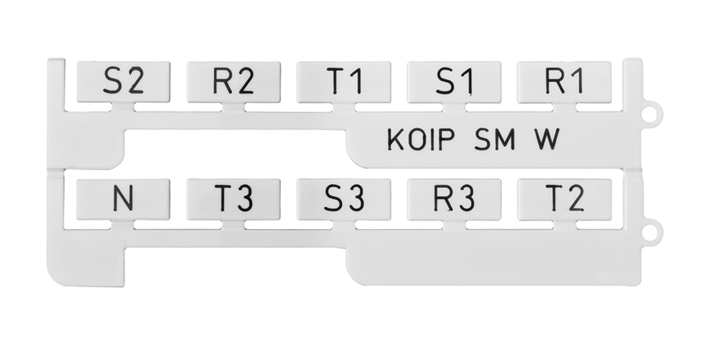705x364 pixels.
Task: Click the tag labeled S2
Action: (123, 82)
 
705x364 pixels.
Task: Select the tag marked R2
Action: (233, 82)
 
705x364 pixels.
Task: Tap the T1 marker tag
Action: (344, 82)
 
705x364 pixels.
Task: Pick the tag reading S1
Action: (454, 82)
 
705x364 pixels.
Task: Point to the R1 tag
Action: (564, 82)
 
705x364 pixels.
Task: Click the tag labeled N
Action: (123, 199)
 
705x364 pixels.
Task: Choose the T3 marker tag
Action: (233, 199)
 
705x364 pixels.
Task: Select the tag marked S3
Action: (344, 199)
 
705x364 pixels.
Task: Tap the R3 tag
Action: (454, 199)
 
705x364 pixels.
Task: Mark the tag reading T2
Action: (564, 199)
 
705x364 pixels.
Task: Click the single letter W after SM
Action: (547, 140)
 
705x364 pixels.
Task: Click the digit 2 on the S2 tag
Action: (136, 82)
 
